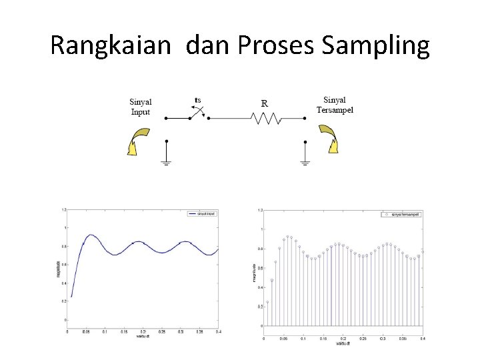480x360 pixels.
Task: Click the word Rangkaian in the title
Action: point(113,45)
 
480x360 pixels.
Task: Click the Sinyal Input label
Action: point(141,107)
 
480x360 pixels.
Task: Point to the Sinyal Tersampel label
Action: point(335,105)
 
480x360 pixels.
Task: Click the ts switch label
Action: point(197,101)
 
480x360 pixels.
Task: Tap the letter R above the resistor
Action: point(265,103)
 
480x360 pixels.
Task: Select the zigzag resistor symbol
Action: point(265,119)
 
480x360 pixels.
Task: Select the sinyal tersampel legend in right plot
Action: point(402,214)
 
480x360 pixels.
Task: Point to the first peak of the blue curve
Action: point(91,235)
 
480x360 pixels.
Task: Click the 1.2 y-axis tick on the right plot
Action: point(259,210)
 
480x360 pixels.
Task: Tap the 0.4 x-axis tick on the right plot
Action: point(422,339)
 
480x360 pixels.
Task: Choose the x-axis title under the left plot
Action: point(141,336)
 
